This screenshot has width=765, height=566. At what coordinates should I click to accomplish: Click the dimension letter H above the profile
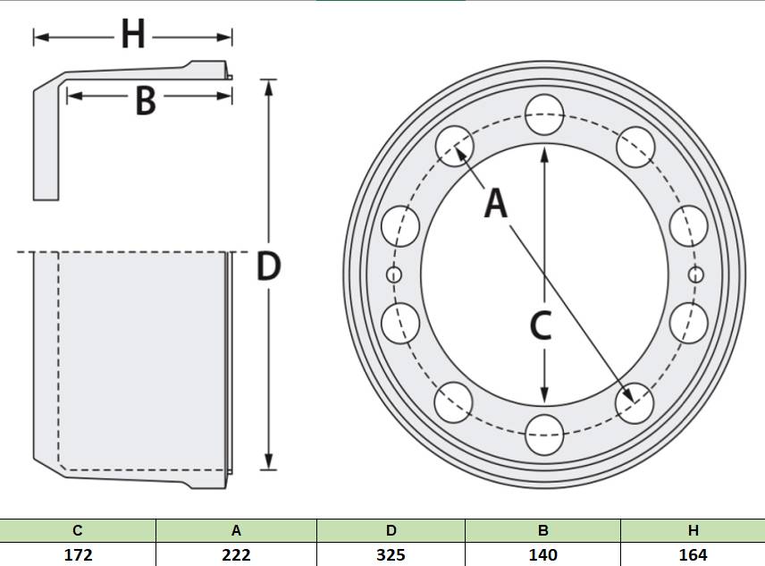[x=133, y=35]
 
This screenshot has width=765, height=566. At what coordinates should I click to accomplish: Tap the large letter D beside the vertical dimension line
[x=268, y=266]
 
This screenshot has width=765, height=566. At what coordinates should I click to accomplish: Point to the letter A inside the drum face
[x=496, y=204]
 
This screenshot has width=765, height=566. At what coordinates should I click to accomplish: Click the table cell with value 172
[x=78, y=554]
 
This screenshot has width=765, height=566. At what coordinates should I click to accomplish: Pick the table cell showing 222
[x=236, y=554]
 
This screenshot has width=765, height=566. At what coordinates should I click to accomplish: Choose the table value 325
[x=391, y=554]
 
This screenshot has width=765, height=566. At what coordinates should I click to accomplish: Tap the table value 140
[x=542, y=554]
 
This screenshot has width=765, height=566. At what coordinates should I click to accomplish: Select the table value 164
[x=693, y=554]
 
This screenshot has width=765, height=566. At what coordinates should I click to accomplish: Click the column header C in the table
[x=77, y=530]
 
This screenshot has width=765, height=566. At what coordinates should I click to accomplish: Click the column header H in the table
[x=694, y=530]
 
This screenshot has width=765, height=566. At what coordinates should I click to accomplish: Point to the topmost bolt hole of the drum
[x=544, y=114]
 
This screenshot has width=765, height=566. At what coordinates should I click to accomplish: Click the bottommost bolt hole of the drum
[x=544, y=435]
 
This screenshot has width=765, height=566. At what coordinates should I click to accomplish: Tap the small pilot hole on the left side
[x=394, y=275]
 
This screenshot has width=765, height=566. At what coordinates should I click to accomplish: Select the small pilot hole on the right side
[x=695, y=275]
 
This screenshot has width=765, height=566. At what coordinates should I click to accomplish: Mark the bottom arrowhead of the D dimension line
[x=268, y=461]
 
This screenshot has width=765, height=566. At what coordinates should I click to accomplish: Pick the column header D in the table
[x=391, y=530]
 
